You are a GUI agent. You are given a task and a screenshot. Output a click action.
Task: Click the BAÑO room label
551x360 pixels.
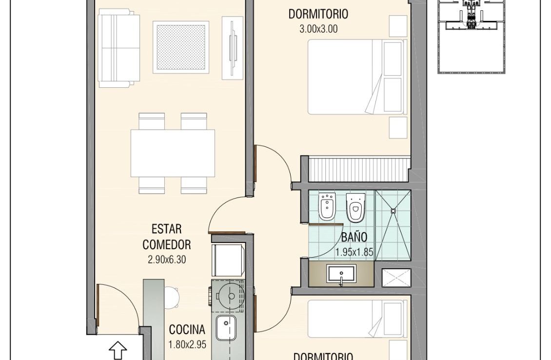coord(354,237)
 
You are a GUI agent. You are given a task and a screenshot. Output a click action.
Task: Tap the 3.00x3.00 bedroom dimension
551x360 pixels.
coord(318,29)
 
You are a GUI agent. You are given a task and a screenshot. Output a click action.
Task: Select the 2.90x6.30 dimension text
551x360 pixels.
coord(167,260)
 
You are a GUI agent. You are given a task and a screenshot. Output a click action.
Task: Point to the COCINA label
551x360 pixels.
coord(187,330)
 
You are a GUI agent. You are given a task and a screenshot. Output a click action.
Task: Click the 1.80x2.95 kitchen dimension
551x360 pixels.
coord(187,344)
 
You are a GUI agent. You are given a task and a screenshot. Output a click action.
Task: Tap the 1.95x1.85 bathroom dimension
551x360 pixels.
coord(354,252)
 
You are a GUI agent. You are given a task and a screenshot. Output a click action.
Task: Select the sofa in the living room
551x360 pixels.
coord(119,48)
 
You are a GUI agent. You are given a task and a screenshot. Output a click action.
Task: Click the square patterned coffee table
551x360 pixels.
coord(180,47)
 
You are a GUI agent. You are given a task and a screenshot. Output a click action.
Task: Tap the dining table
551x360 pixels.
coord(173,153)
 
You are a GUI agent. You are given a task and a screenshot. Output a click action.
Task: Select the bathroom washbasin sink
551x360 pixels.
coord(341,274)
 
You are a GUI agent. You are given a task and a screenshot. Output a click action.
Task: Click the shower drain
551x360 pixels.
coord(394,211)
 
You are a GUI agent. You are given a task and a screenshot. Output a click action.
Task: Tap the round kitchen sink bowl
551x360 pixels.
coord(231,296)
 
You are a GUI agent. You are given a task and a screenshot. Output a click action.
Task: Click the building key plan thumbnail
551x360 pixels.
coord(471,37)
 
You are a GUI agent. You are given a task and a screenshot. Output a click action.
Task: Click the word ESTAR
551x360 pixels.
coord(167,229)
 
